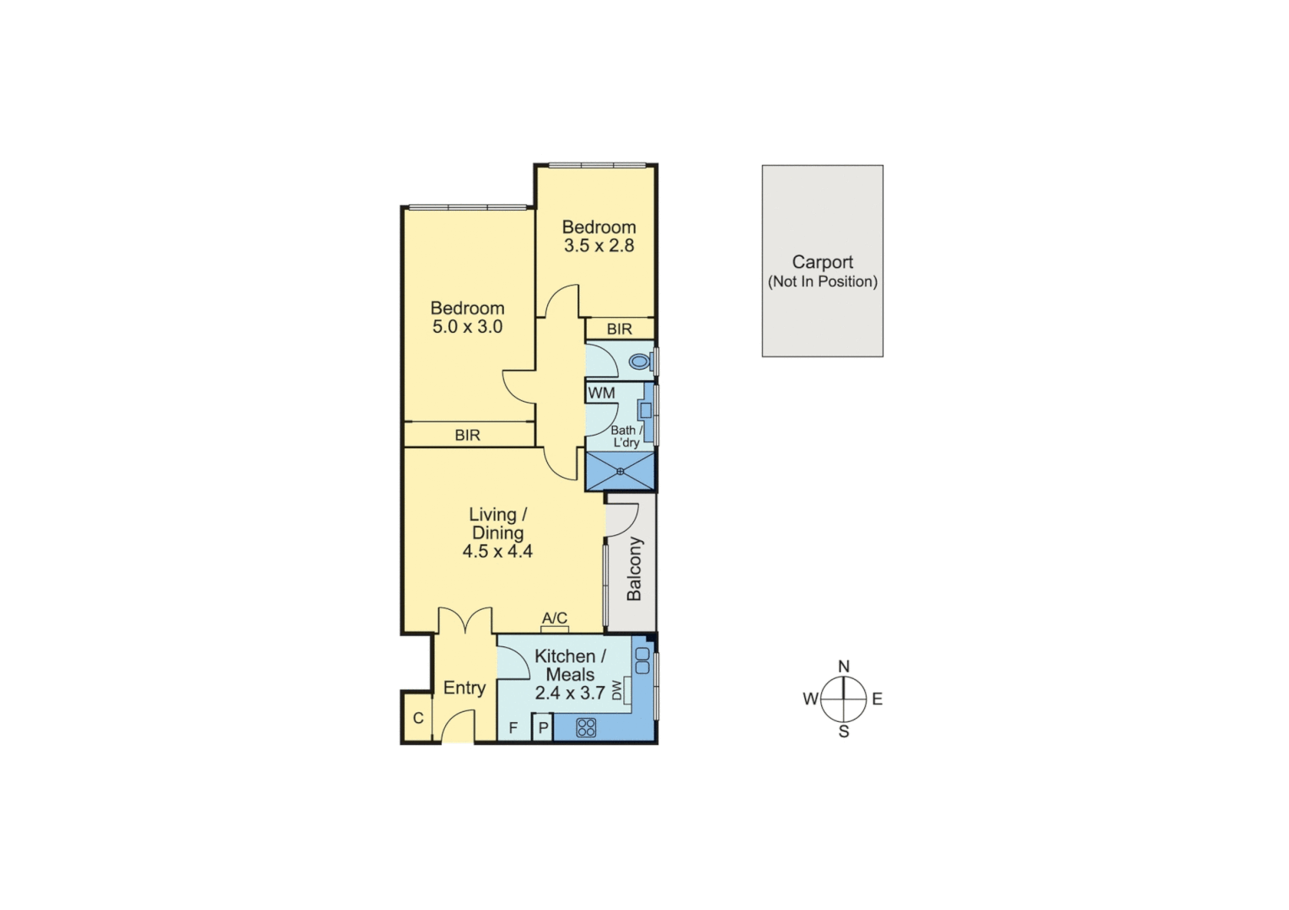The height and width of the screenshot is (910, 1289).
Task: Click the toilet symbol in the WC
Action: click(x=641, y=362)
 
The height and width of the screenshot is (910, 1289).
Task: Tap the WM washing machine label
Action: click(x=601, y=393)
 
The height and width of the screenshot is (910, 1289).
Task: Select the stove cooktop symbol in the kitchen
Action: click(x=586, y=726)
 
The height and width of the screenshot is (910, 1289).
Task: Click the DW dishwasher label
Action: click(x=617, y=690)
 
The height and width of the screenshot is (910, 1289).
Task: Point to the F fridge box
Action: click(x=513, y=728)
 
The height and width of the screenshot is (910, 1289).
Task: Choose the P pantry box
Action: click(x=543, y=728)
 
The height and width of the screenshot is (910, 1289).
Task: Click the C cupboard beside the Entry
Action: click(x=417, y=719)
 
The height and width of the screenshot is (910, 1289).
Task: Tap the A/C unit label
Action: click(x=555, y=618)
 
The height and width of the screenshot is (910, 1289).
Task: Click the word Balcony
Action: click(x=634, y=569)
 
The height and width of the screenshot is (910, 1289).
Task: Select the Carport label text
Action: click(x=822, y=262)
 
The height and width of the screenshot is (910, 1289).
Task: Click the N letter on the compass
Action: click(x=844, y=666)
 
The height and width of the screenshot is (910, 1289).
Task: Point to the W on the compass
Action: click(x=810, y=699)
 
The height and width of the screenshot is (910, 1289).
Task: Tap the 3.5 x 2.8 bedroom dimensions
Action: click(x=599, y=246)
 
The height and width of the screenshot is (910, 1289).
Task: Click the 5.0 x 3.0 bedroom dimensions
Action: click(x=467, y=327)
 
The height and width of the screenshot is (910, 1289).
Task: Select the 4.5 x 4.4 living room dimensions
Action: click(x=497, y=552)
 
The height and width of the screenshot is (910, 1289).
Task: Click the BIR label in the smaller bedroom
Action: click(x=619, y=329)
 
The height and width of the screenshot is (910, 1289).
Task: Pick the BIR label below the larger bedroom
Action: click(x=467, y=435)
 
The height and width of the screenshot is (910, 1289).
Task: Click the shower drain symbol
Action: click(x=620, y=471)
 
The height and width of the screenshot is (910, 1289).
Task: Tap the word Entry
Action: click(x=464, y=688)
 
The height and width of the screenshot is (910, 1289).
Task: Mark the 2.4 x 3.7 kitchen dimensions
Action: click(x=570, y=693)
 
